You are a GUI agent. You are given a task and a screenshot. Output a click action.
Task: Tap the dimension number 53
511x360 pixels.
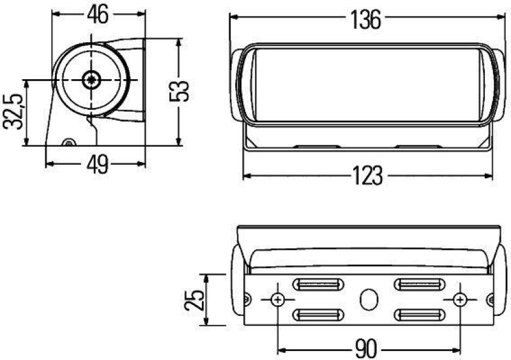[183, 91]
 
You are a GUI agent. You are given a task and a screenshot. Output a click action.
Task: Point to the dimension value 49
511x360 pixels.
[96, 165]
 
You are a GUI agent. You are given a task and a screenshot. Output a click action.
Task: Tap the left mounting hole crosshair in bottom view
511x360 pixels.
[278, 299]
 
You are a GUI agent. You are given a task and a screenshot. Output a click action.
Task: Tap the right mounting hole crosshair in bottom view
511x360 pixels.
[459, 299]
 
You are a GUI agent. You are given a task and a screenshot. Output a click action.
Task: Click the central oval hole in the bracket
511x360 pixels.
[369, 299]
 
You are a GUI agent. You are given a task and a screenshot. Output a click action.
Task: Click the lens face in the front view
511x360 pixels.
[366, 83]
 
